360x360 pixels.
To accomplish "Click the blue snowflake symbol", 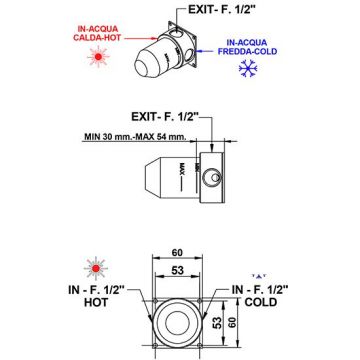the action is [247, 68].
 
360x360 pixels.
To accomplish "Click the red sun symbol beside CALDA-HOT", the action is [98, 57].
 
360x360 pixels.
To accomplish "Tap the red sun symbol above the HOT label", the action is [96, 268].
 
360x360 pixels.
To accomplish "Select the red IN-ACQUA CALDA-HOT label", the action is [96, 33].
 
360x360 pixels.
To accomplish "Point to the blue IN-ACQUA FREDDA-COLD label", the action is [247, 47].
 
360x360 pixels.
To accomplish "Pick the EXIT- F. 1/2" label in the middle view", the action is [165, 117].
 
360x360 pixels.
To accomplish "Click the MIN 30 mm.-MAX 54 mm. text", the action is [135, 137].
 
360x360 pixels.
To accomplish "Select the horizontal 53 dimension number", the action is [177, 270].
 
